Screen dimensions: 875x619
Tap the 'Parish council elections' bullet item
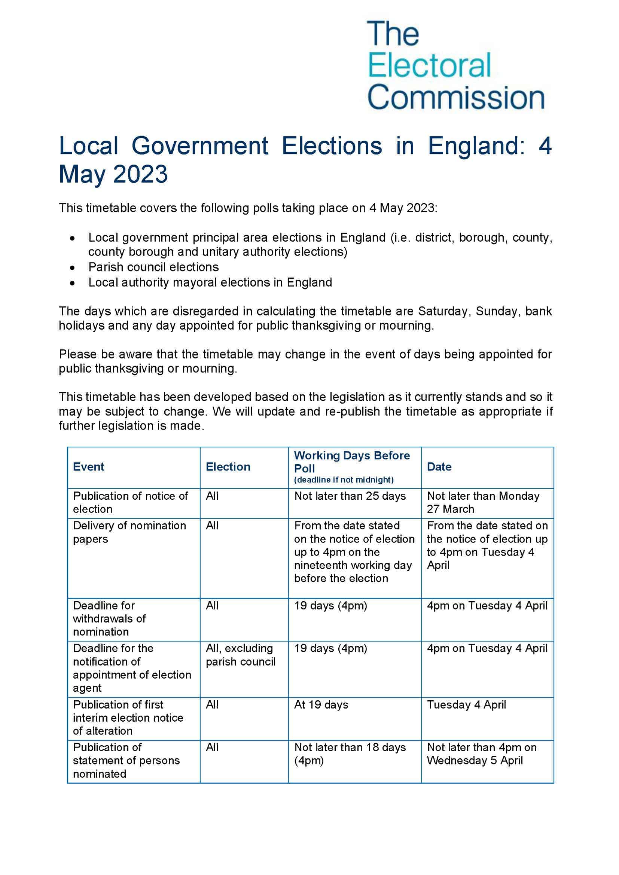pyautogui.click(x=153, y=267)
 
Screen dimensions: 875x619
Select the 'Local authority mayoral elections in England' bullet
pyautogui.click(x=210, y=282)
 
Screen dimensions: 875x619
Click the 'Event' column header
pyautogui.click(x=88, y=467)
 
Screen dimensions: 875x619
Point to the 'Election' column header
pyautogui.click(x=228, y=467)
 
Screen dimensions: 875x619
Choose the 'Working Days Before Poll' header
pyautogui.click(x=351, y=462)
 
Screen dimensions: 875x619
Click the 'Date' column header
pyautogui.click(x=439, y=467)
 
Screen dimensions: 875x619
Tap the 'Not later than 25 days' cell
pyautogui.click(x=350, y=496)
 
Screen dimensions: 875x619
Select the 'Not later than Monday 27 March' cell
pyautogui.click(x=483, y=502)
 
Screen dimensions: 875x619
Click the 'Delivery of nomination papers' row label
pyautogui.click(x=129, y=532)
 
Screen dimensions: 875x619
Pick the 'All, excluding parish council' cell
pyautogui.click(x=240, y=655)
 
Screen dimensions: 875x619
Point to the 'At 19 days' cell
pyautogui.click(x=321, y=705)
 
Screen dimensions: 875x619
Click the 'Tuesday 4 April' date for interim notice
pyautogui.click(x=466, y=705)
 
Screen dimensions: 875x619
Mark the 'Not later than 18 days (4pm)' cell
pyautogui.click(x=350, y=754)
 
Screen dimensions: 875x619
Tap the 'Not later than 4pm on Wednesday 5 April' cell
pyautogui.click(x=481, y=754)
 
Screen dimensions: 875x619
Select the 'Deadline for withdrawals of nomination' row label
pyautogui.click(x=109, y=618)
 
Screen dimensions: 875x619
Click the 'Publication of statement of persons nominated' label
pyautogui.click(x=126, y=760)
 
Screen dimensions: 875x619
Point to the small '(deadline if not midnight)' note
pyautogui.click(x=344, y=480)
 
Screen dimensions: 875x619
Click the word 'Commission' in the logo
pyautogui.click(x=455, y=98)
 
